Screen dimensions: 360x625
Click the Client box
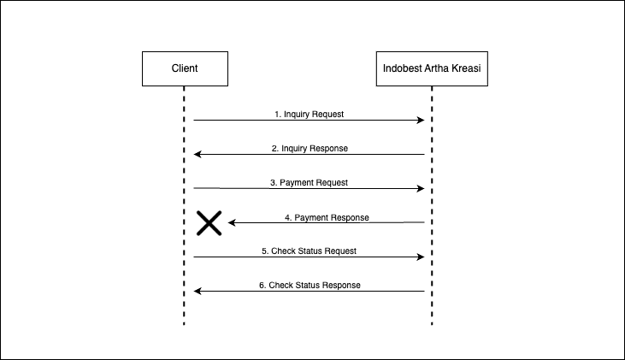coord(185,68)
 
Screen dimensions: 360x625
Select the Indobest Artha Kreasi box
coord(432,68)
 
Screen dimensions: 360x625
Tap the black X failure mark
coord(209,223)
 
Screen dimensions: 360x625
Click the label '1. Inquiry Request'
coord(309,114)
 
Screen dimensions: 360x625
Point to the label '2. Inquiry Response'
coord(310,148)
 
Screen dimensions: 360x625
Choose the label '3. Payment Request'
coord(309,182)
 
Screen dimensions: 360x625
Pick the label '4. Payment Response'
coord(327,217)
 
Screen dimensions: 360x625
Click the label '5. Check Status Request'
coord(309,251)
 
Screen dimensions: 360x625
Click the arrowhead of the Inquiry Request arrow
coord(421,121)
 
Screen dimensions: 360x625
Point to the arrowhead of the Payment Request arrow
coord(421,188)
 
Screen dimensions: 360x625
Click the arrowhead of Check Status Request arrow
coord(421,257)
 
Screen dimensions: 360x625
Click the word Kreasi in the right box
coord(469,68)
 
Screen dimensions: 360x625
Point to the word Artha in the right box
coord(438,68)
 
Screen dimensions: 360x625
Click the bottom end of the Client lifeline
coord(184,323)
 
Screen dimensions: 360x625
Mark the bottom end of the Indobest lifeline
coord(432,323)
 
